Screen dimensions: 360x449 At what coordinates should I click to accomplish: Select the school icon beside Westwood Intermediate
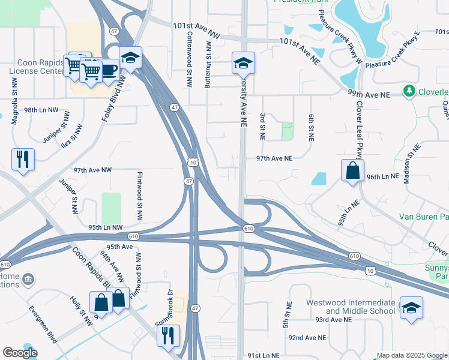(x=411, y=308)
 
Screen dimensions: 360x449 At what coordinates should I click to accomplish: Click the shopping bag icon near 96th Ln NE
(x=352, y=170)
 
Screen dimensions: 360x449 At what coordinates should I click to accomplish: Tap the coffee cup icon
(x=109, y=70)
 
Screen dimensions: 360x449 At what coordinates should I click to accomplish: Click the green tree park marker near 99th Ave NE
(x=409, y=91)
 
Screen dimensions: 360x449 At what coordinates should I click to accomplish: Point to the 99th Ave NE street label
(x=369, y=95)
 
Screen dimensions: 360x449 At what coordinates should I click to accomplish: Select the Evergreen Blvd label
(x=43, y=320)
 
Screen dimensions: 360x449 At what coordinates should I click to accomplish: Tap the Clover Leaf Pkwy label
(x=360, y=128)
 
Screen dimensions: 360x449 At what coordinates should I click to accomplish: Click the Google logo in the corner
(x=20, y=353)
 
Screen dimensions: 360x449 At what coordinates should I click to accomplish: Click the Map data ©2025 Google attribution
(x=412, y=355)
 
